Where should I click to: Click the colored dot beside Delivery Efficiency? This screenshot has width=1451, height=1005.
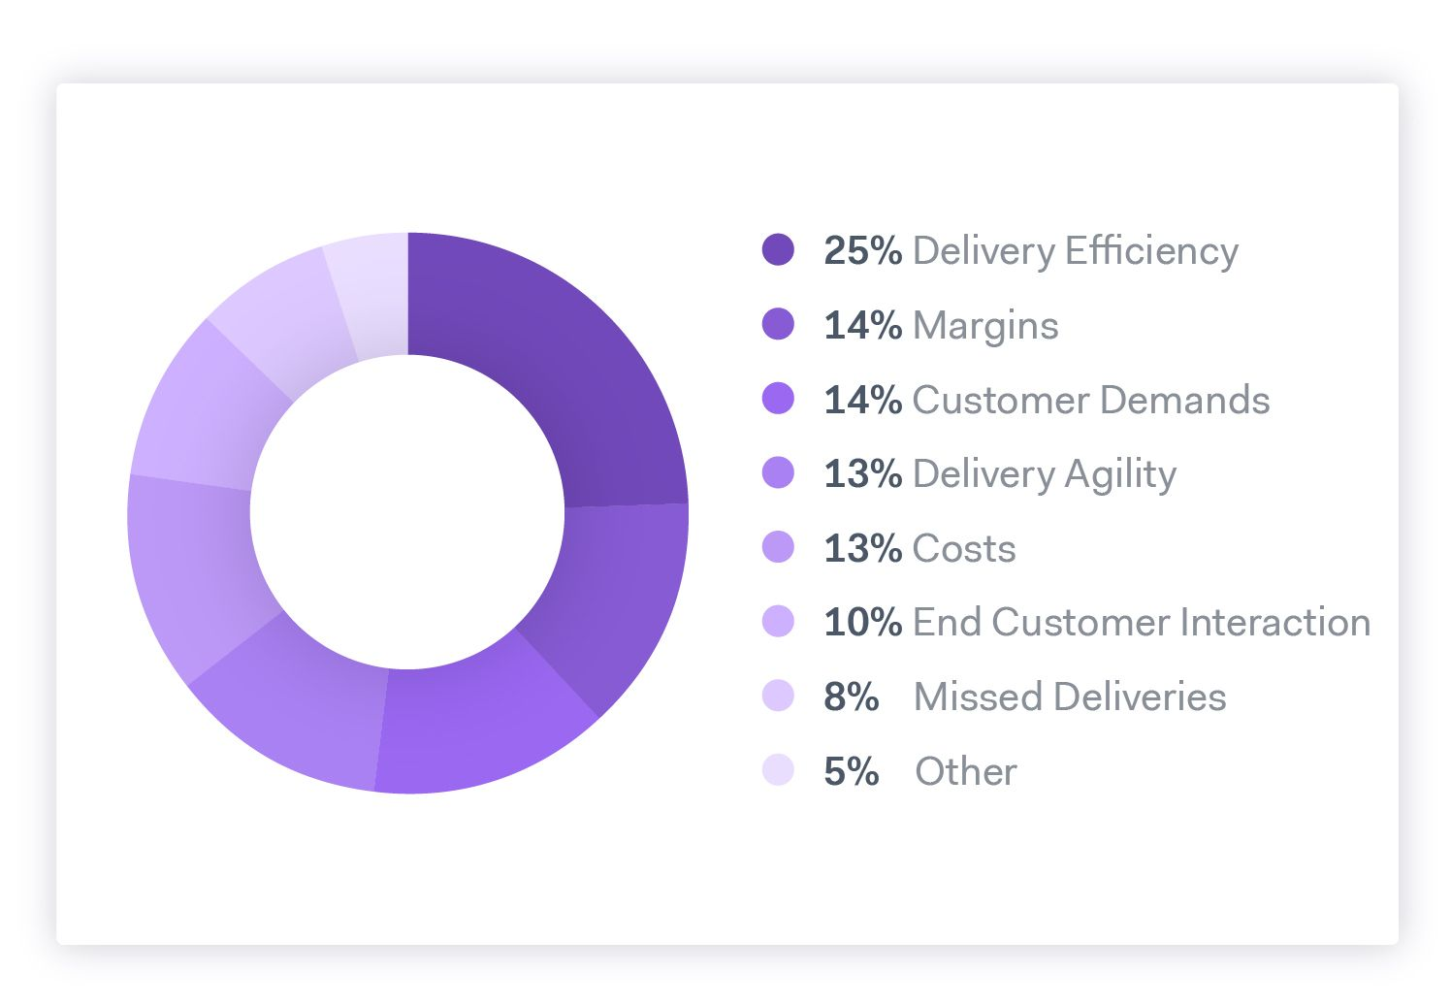pos(778,249)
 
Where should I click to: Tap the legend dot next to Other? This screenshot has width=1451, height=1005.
pos(778,770)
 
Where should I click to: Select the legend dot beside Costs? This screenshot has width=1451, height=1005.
pos(778,547)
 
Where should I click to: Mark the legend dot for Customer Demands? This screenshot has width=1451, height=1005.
pos(778,399)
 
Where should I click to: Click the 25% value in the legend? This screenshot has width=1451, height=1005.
pos(862,250)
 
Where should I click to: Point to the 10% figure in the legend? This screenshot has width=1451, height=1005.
pos(862,622)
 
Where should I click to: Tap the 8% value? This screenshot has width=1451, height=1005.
pos(851,697)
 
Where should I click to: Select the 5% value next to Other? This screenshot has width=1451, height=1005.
pos(851,771)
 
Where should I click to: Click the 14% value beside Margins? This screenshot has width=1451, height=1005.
pos(862,325)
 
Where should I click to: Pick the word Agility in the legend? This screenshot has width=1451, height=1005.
pos(1120,475)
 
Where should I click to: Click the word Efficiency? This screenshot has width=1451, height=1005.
pos(1151,250)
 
